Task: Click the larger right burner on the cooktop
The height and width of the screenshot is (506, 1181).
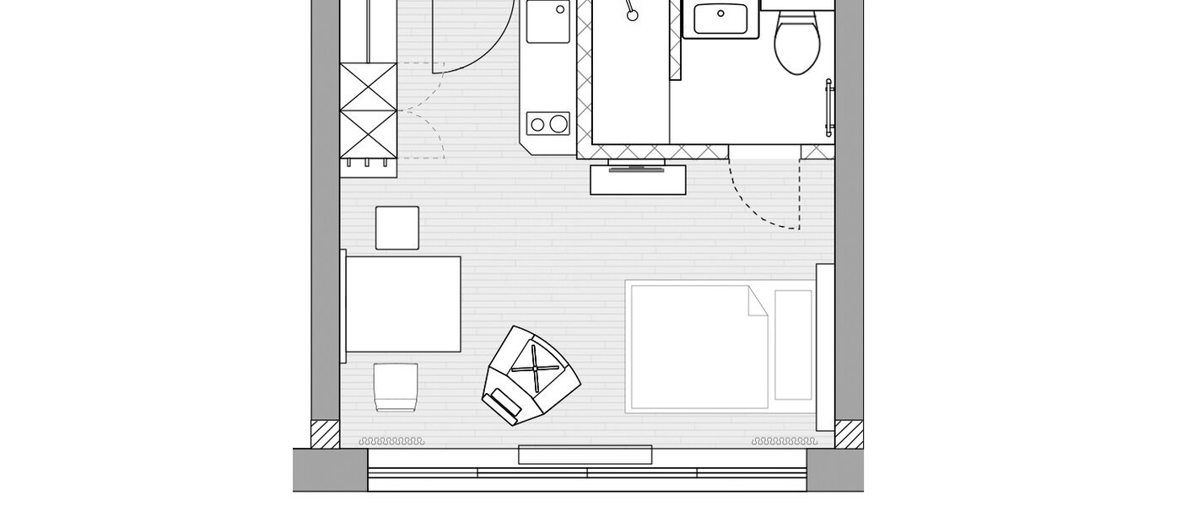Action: [558, 125]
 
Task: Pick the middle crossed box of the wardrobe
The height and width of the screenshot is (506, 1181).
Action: [368, 110]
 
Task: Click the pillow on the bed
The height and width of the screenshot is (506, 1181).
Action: [793, 344]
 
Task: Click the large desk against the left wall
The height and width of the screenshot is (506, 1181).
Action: [403, 304]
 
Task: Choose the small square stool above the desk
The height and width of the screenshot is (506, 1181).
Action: [397, 228]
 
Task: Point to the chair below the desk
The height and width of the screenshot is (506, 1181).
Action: [396, 386]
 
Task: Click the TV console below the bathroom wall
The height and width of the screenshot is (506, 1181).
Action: [638, 178]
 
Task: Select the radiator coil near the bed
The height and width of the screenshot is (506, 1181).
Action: [784, 441]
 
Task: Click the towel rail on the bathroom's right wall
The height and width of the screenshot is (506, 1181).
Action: [830, 107]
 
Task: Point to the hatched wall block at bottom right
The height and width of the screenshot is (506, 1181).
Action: [849, 434]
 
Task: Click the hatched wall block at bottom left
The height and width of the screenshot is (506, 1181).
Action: [325, 434]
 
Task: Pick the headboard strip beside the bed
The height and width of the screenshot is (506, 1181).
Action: [825, 337]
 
